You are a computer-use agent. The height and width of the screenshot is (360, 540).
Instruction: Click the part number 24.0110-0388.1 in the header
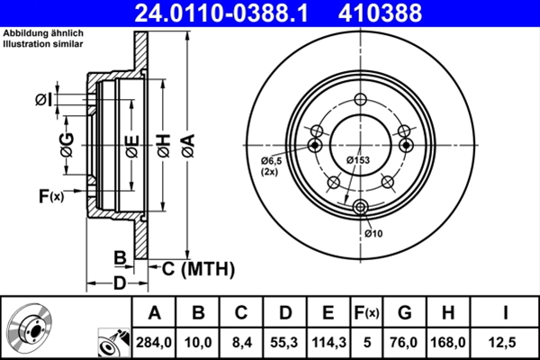point(229,13)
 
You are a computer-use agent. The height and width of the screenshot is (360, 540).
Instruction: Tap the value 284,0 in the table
point(154,341)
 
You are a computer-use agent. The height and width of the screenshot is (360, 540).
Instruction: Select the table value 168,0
point(447,341)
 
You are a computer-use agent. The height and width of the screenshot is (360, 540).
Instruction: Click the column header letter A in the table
point(154,313)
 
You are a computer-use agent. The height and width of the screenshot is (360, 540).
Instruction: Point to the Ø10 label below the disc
point(374,234)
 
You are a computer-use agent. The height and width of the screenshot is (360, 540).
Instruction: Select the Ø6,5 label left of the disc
point(273,161)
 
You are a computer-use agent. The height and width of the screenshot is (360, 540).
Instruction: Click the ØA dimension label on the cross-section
point(187,144)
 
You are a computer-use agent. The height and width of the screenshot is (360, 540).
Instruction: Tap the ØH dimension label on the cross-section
point(163,144)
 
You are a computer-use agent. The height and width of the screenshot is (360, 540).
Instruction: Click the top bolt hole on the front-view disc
point(362,101)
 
